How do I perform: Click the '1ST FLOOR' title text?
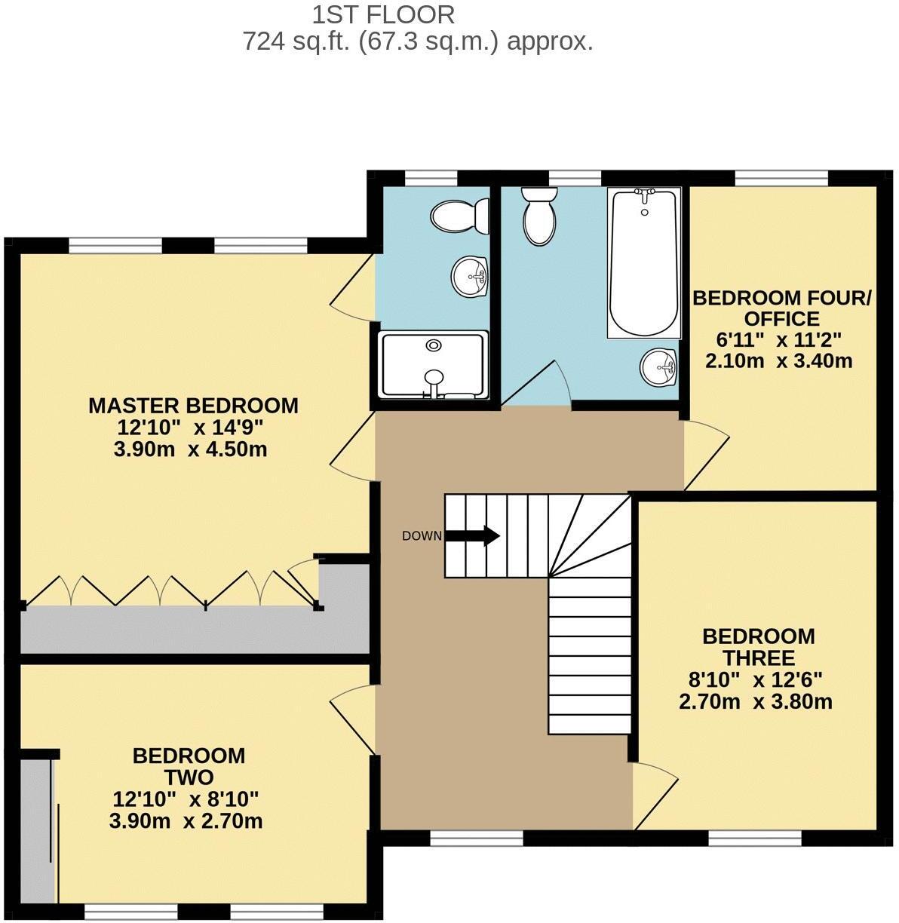(383, 14)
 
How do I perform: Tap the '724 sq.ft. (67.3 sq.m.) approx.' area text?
(417, 41)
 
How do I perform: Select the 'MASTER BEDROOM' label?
(193, 406)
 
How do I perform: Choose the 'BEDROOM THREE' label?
(758, 647)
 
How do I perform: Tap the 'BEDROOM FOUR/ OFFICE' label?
(781, 308)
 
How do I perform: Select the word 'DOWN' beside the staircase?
(422, 536)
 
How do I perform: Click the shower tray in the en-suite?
(433, 365)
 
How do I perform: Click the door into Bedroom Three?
(652, 792)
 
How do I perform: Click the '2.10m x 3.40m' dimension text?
(778, 361)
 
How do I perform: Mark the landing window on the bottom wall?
(477, 838)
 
